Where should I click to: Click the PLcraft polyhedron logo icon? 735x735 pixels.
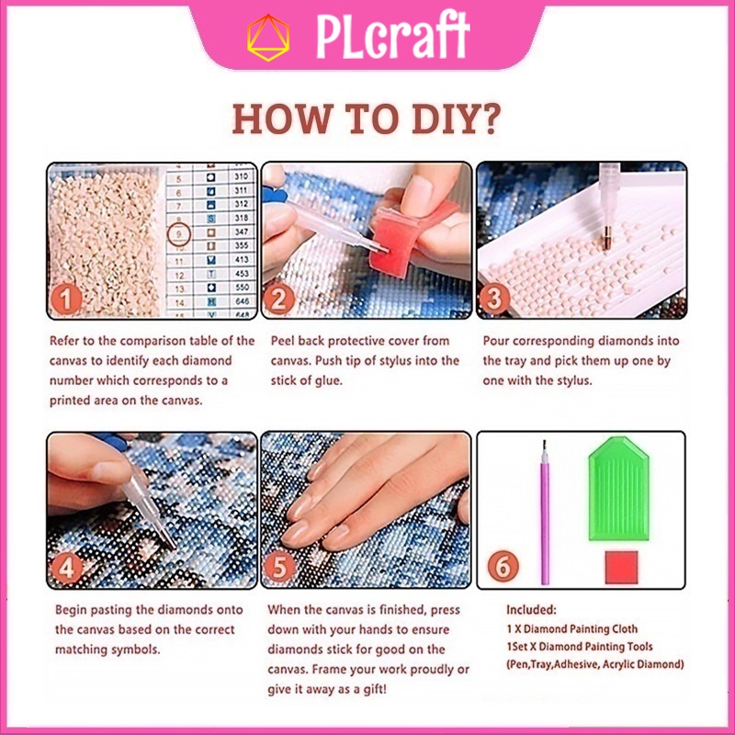pos(268,38)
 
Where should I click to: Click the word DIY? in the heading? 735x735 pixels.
pos(456,119)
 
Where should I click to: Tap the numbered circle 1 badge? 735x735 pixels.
pos(65,299)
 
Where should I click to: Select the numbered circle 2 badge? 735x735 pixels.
pos(278,300)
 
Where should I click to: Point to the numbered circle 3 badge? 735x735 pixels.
pos(494,299)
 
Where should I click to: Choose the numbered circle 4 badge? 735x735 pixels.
pos(66,568)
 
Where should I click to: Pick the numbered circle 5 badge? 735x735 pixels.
pos(280,567)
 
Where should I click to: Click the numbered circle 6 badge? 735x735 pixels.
pos(503,566)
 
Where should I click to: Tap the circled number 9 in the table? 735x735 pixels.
pos(178,233)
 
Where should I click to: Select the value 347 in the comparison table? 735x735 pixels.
pos(242,232)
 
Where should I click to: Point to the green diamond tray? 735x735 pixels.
pos(618,489)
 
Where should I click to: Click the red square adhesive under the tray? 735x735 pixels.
pos(621,567)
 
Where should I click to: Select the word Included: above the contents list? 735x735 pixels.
pos(531,609)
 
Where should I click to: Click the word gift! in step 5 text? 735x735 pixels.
pos(374,689)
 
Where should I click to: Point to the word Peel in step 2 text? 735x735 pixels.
pos(282,341)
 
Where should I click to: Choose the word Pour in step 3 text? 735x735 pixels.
pos(496,341)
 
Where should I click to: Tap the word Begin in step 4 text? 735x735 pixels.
pos(71,610)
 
